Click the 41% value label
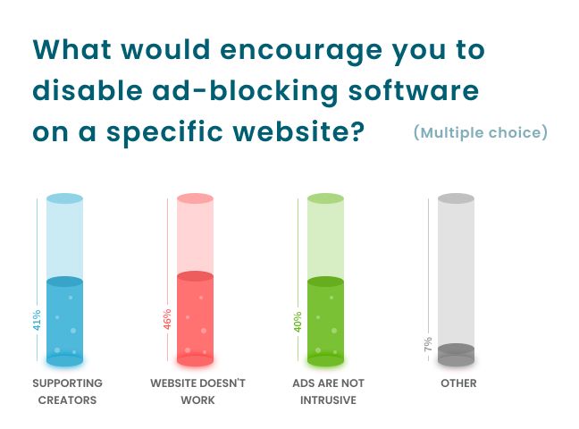click(x=37, y=321)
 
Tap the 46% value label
click(x=167, y=320)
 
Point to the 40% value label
click(x=298, y=320)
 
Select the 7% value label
click(x=428, y=345)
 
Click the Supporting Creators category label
click(x=67, y=391)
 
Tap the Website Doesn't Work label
click(x=197, y=391)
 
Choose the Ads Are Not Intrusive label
click(x=328, y=391)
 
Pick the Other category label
click(x=458, y=383)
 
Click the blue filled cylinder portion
click(x=64, y=322)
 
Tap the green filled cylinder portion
click(x=325, y=322)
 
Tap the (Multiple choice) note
click(x=481, y=133)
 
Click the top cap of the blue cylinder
click(x=64, y=198)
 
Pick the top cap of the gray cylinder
click(x=456, y=198)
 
